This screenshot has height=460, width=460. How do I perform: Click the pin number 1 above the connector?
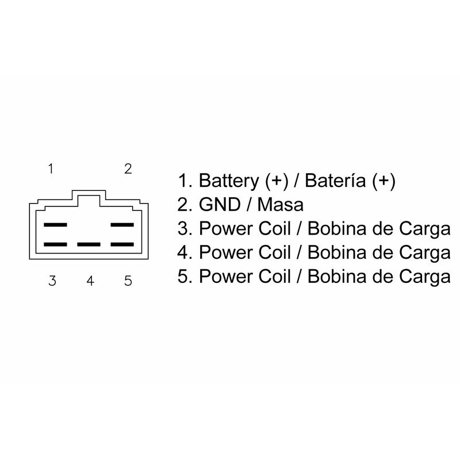51,169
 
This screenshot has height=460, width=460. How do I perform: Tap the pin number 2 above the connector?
128,169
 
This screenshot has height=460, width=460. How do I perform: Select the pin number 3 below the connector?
52,281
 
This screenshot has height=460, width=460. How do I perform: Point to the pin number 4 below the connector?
90,281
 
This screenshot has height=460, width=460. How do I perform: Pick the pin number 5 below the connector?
128,281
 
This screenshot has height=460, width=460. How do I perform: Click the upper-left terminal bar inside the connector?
55,225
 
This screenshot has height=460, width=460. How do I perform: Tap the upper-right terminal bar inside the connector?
122,225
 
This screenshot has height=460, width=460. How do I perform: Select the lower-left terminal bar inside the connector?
55,244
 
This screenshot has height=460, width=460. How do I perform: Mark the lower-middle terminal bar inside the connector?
89,244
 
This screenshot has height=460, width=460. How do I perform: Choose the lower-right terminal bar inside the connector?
122,244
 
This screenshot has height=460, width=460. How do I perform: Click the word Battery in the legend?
229,181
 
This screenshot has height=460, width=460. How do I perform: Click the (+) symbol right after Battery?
277,181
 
